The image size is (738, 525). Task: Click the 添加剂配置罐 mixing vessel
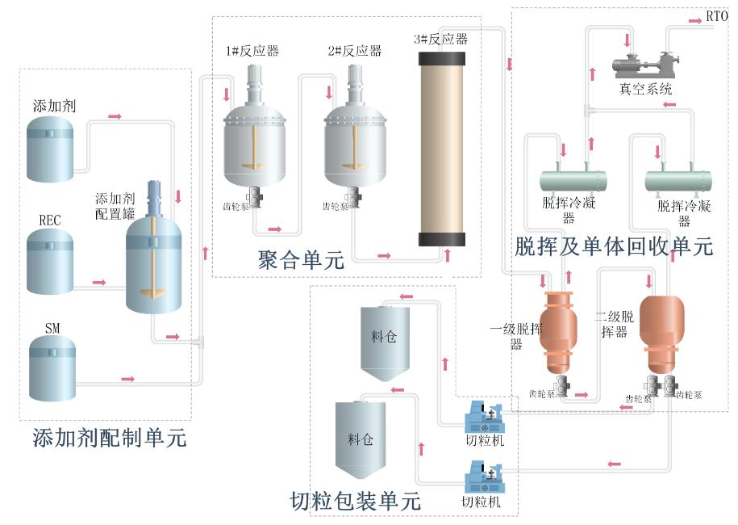(154, 258)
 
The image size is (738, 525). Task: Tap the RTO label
(716, 16)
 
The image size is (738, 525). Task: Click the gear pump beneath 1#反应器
(254, 196)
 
